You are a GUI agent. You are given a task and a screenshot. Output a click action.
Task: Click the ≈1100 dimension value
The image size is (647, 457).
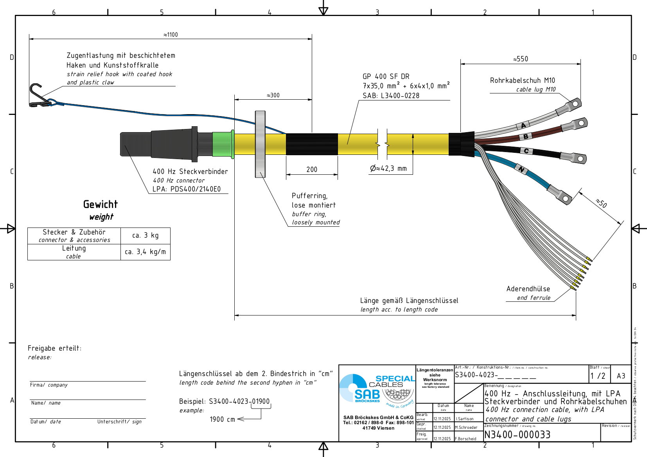click(171, 35)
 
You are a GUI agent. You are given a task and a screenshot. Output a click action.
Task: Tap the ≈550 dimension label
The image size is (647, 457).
click(521, 59)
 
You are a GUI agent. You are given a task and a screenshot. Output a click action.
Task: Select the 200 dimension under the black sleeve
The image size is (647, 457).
click(312, 169)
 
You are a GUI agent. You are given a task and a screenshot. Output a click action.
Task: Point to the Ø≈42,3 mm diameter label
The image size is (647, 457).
click(388, 168)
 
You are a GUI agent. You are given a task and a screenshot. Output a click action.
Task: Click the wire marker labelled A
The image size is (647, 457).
click(523, 125)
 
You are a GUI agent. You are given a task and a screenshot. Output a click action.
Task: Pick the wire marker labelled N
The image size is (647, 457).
click(521, 169)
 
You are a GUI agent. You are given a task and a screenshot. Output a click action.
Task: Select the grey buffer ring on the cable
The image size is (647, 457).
click(260, 144)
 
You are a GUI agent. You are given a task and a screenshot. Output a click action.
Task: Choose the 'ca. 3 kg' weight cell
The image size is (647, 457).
click(146, 235)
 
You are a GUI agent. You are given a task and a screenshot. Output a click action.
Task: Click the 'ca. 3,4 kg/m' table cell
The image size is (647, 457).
click(146, 252)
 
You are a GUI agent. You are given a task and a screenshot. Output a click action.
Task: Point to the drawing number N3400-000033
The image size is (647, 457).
click(517, 435)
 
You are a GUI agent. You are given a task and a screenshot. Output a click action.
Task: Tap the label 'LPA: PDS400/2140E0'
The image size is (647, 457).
click(187, 189)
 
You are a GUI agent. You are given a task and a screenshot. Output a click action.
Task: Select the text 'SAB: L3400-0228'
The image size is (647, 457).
click(391, 96)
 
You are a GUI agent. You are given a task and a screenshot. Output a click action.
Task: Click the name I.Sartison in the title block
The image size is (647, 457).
click(465, 419)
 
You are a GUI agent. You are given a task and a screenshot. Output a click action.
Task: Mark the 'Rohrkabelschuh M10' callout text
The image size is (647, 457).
click(522, 81)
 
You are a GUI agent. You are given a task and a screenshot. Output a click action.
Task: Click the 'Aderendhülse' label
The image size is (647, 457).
click(528, 289)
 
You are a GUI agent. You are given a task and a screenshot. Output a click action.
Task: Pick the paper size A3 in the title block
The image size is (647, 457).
click(621, 376)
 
